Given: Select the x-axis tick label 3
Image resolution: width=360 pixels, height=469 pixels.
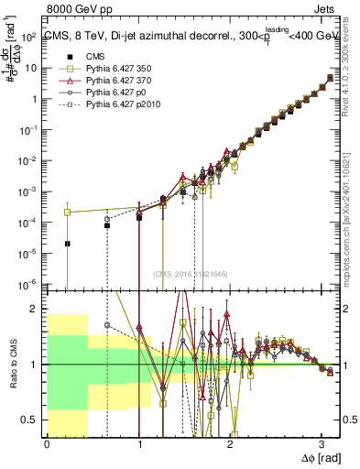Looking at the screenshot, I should pos(322,444).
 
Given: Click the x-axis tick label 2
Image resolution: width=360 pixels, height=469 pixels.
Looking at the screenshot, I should pos(230,444).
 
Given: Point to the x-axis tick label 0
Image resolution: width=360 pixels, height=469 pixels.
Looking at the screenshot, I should pos(47,444).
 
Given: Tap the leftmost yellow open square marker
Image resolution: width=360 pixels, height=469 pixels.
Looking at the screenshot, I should pos(68,212).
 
